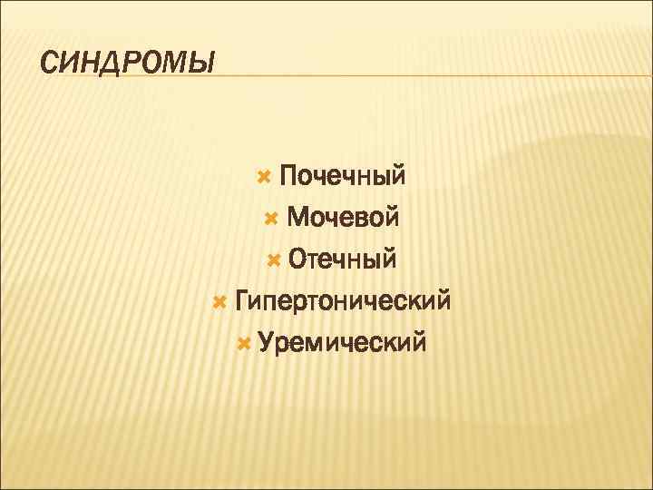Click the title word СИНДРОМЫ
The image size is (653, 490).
click(x=129, y=64)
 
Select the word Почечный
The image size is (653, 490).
click(x=342, y=174)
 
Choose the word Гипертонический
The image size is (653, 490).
click(x=342, y=301)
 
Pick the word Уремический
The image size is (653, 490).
click(x=342, y=343)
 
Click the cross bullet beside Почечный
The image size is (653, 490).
click(x=265, y=174)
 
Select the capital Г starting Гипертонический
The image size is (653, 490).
click(x=241, y=301)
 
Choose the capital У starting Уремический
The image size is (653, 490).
click(x=267, y=343)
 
